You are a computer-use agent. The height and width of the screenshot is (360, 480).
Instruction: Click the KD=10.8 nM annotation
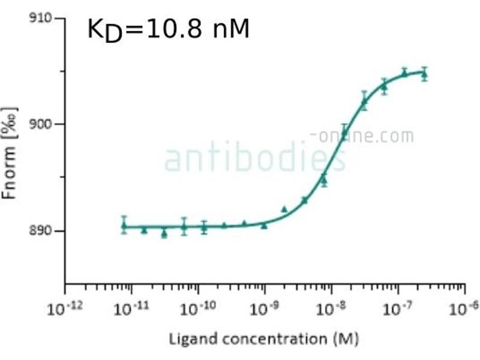168,29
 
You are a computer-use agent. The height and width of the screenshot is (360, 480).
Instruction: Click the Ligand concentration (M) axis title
263,340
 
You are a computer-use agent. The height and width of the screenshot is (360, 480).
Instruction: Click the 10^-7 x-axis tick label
397,309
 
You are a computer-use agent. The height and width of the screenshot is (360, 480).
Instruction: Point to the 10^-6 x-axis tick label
463,309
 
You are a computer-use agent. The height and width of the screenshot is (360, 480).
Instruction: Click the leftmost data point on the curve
124,226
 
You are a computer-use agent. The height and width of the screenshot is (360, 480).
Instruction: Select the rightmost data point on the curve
424,74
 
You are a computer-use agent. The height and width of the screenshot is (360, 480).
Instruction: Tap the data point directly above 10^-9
264,226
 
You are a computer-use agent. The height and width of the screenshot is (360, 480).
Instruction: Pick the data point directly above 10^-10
204,227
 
